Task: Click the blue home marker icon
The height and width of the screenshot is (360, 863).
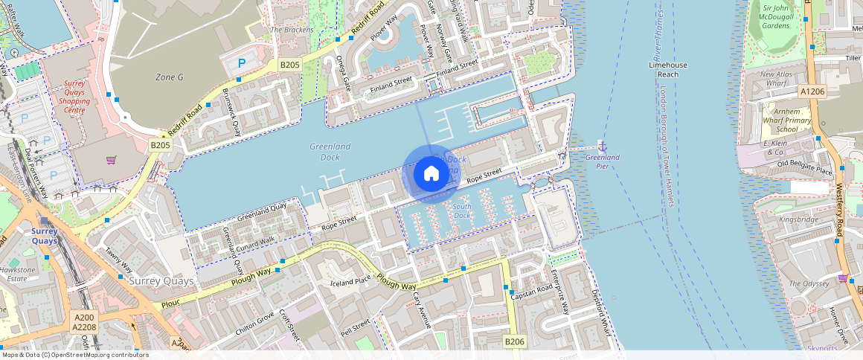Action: click(431, 174)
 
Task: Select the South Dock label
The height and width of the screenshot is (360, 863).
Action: click(461, 210)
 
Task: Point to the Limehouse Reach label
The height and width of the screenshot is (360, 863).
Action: click(668, 69)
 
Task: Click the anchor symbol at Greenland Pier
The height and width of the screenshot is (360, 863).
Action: click(603, 145)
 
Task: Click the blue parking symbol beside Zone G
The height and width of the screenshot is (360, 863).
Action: click(240, 64)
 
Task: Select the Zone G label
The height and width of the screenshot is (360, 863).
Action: click(169, 77)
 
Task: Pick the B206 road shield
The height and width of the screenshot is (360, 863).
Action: click(515, 341)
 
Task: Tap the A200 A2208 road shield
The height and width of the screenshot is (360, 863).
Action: click(84, 321)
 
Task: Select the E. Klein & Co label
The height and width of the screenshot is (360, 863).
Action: click(776, 147)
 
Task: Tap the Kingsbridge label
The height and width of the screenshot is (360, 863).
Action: click(798, 219)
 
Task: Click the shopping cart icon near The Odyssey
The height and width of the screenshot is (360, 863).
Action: click(843, 278)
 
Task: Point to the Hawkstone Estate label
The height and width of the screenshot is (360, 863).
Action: click(16, 274)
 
